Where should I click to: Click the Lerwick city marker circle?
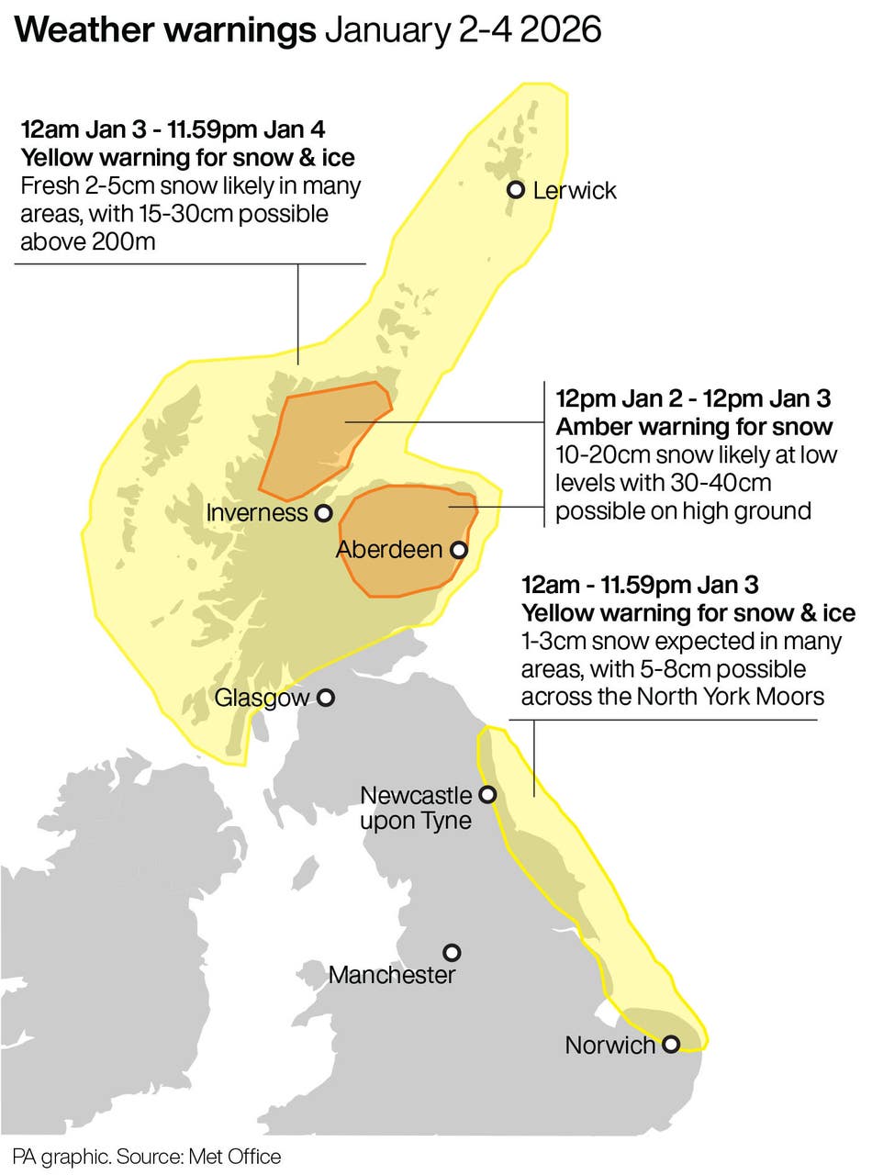516,190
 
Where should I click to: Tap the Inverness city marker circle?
323,513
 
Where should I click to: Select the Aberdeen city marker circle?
458,550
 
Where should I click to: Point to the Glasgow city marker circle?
325,699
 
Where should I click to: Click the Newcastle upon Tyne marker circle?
488,794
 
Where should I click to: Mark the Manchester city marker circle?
452,953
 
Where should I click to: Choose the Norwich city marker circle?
671,1044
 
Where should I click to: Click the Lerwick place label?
575,191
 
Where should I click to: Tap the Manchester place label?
391,975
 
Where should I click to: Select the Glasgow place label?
262,699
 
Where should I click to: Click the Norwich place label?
610,1045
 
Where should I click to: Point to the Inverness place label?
257,513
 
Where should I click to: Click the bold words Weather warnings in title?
164,30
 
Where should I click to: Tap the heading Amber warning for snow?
694,427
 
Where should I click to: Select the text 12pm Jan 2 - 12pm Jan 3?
693,399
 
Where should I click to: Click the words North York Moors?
725,697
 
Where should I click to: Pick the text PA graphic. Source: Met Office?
147,1156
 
